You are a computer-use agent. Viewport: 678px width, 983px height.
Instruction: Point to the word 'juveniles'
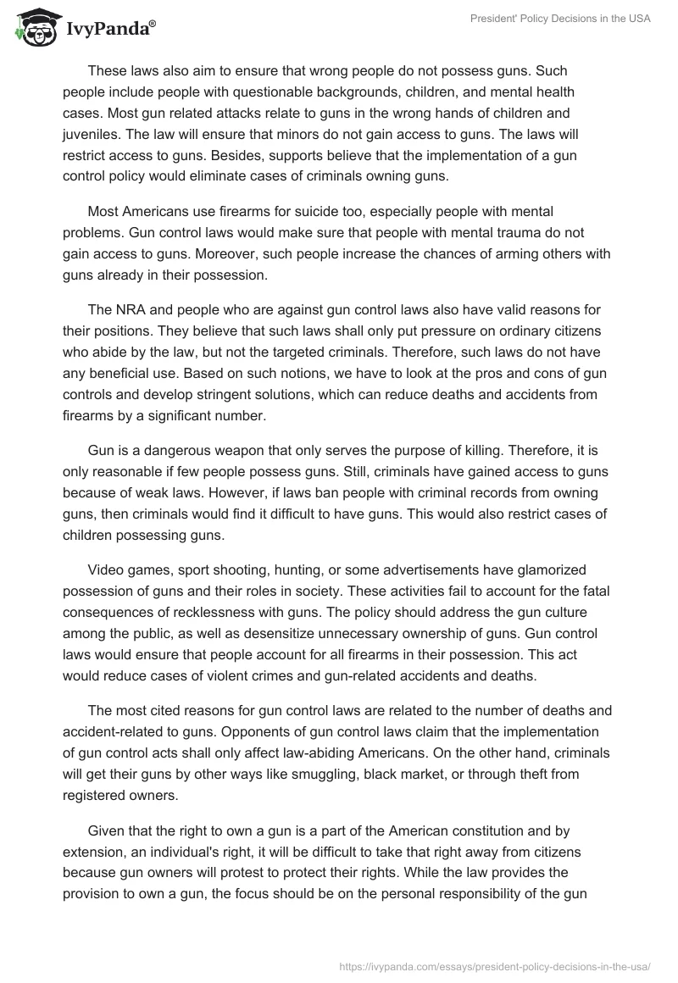point(92,134)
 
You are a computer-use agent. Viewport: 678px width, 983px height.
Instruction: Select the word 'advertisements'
point(442,569)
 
